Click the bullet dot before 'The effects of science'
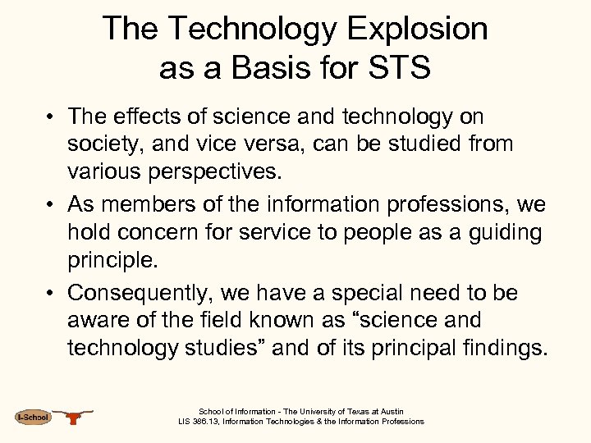pos(51,116)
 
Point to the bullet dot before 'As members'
pos(51,204)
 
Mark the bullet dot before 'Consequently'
pos(51,293)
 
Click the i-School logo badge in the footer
pos(33,418)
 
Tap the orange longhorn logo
pos(76,417)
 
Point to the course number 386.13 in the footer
pos(210,422)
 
